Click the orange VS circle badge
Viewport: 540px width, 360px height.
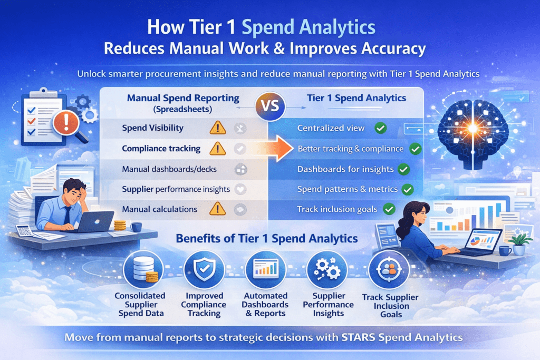[x=269, y=103]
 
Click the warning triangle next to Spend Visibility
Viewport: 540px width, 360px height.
[x=217, y=128]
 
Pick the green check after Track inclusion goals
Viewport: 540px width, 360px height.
[x=389, y=209]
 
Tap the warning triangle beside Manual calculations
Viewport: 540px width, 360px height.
[x=217, y=209]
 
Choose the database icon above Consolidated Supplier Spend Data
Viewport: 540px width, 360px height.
[x=140, y=270]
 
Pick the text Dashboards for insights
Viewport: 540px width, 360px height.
[x=345, y=169]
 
